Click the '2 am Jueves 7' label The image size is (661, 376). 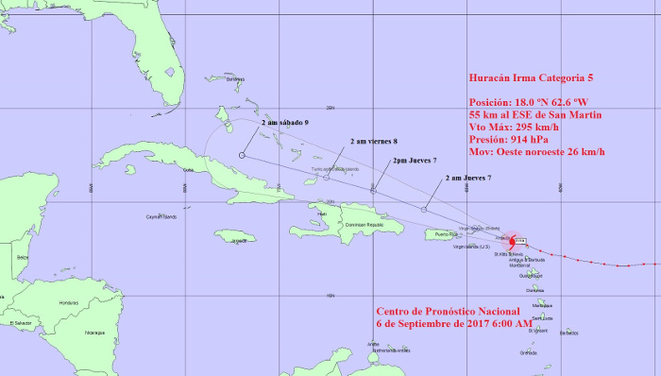click(x=467, y=178)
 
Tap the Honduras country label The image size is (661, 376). click(x=69, y=302)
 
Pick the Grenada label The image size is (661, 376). click(x=528, y=353)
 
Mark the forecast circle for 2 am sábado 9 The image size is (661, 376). click(x=242, y=155)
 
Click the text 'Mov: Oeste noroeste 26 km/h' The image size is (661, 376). click(x=536, y=152)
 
